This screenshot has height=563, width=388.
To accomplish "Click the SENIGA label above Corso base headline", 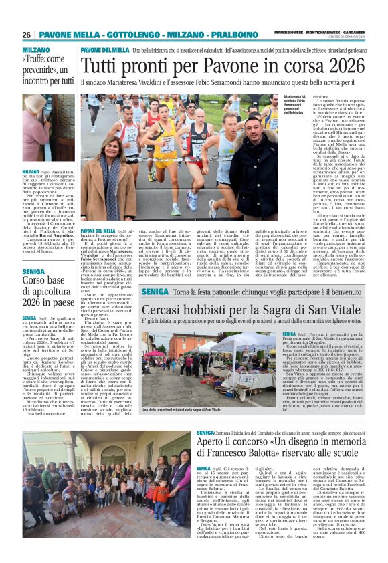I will [33, 272].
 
